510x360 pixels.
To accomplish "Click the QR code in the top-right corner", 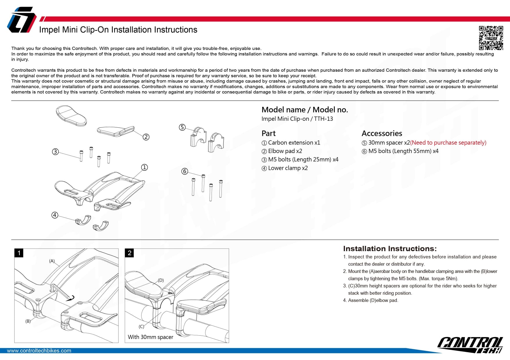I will pos(491,38).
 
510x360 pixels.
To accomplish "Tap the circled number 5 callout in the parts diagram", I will pos(182,127).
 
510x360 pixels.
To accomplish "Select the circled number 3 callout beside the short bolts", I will pos(55,152).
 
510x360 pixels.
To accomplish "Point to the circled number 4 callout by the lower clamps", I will pos(55,215).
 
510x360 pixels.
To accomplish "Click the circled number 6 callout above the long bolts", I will pos(185,171).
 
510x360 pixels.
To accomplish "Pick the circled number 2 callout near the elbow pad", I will pos(146,137).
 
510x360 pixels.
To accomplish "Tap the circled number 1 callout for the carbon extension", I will pos(144,167).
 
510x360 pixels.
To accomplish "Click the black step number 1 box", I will pos(19,253).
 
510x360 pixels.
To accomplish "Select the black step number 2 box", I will pos(130,253).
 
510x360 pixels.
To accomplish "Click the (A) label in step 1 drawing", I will pos(52,261).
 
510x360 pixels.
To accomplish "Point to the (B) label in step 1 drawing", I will pos(28,321).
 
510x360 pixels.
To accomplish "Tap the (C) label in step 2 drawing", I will pos(142,327).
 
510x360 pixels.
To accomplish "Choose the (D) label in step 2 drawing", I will pos(161,280).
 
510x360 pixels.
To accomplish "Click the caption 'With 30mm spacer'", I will pos(151,337).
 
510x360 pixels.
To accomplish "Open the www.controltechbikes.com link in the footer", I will pos(39,351).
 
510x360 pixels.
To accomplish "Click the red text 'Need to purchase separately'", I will pos(448,143).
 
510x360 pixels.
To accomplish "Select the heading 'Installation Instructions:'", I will pos(390,249).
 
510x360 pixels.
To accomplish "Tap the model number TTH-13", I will pos(323,119).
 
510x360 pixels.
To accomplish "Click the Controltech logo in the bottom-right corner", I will pos(470,345).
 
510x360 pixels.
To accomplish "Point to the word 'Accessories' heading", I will pos(382,133).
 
